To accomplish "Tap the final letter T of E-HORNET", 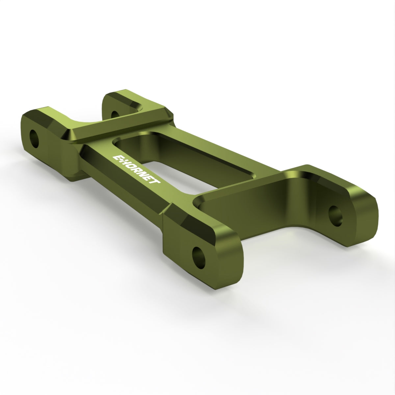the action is [157, 181].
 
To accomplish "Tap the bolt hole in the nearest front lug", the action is [199, 258].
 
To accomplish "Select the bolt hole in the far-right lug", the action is [335, 216].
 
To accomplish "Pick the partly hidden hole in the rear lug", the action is [115, 114].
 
